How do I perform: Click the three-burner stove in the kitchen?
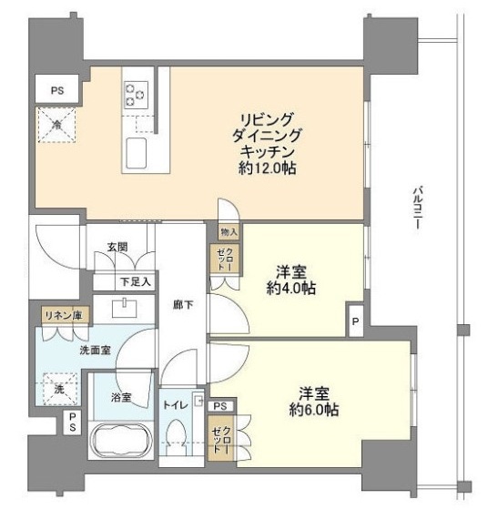pyautogui.click(x=136, y=95)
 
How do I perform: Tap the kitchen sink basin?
pyautogui.click(x=137, y=153)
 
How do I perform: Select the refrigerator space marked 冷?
pyautogui.click(x=57, y=125)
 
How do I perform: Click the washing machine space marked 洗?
pyautogui.click(x=60, y=390)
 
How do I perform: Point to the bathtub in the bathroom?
pyautogui.click(x=121, y=440)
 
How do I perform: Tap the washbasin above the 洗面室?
pyautogui.click(x=124, y=308)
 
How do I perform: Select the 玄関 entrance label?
pyautogui.click(x=117, y=247)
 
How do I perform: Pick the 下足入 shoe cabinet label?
pyautogui.click(x=136, y=281)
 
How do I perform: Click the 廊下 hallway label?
pyautogui.click(x=183, y=304)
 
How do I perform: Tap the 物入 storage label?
pyautogui.click(x=229, y=232)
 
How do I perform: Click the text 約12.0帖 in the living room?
pyautogui.click(x=267, y=168)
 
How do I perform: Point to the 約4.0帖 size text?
pyautogui.click(x=291, y=289)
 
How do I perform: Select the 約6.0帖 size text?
pyautogui.click(x=314, y=410)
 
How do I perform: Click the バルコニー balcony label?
pyautogui.click(x=417, y=209)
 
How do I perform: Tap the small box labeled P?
pyautogui.click(x=356, y=321)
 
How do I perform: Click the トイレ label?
pyautogui.click(x=176, y=405)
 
